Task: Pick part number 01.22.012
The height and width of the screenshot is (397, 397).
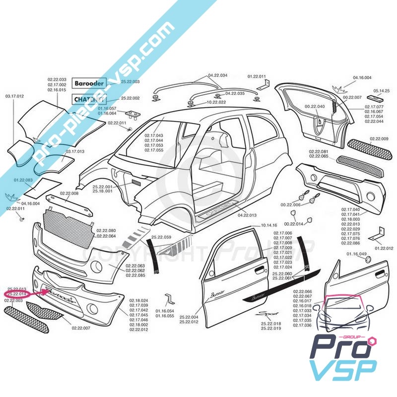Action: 384,248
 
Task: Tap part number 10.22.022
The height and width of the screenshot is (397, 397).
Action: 216,102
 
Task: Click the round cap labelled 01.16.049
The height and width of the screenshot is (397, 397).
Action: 368,260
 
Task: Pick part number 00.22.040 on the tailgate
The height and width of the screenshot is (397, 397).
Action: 314,106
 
